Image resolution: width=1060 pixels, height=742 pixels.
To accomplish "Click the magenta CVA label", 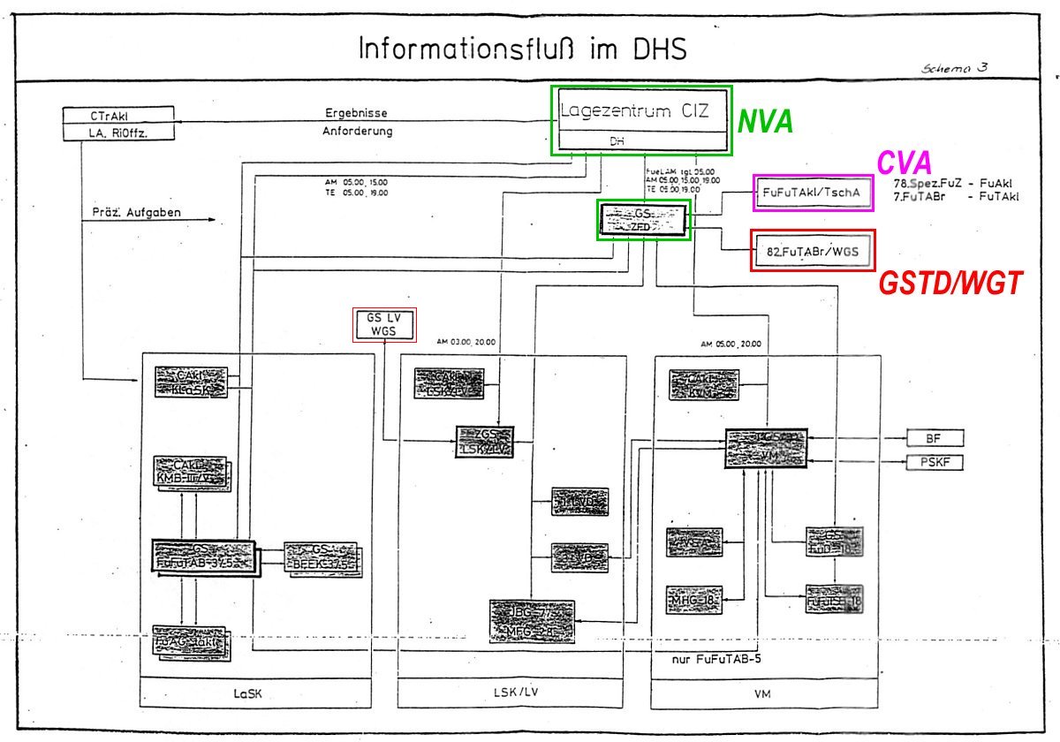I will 904,163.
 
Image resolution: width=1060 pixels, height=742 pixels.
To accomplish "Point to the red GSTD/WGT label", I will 950,284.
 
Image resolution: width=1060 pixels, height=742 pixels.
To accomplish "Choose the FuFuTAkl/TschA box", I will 813,193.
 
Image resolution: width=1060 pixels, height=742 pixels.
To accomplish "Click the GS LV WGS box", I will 383,324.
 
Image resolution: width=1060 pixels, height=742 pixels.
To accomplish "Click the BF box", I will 934,438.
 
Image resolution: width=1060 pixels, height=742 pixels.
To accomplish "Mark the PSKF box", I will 934,462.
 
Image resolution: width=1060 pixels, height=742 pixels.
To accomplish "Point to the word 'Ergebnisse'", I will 356,113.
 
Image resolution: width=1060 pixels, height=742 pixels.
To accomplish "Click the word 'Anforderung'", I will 357,132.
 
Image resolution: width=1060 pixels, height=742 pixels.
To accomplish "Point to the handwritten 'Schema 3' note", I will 954,68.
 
